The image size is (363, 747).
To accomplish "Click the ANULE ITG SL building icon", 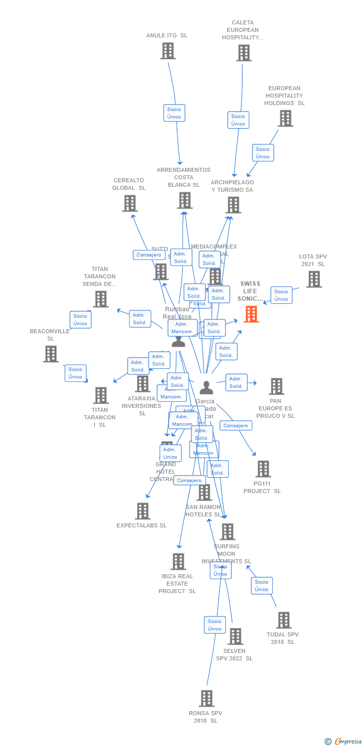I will pyautogui.click(x=168, y=51).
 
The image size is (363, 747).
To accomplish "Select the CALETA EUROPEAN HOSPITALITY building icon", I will pyautogui.click(x=243, y=53).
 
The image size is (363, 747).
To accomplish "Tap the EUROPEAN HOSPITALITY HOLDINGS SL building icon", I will pyautogui.click(x=285, y=119).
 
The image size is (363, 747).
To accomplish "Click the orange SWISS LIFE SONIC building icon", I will pyautogui.click(x=251, y=314).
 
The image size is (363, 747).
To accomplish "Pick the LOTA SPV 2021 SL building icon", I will pyautogui.click(x=314, y=279).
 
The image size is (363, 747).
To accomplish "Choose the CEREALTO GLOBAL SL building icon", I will pyautogui.click(x=130, y=203).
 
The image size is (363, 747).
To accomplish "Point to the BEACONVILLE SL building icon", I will pyautogui.click(x=51, y=354).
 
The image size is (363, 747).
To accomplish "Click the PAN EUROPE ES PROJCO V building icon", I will pyautogui.click(x=276, y=386).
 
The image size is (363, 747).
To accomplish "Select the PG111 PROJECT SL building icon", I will pyautogui.click(x=263, y=469).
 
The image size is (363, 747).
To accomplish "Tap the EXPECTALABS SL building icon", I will pyautogui.click(x=143, y=511).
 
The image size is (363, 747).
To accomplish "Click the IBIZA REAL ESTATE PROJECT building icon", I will pyautogui.click(x=178, y=561).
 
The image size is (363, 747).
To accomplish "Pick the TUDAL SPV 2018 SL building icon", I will pyautogui.click(x=284, y=620).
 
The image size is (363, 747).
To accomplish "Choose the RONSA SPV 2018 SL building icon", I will pyautogui.click(x=206, y=698).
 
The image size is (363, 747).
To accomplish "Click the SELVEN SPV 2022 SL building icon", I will pyautogui.click(x=235, y=636).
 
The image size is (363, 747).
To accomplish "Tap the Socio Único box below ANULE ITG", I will pyautogui.click(x=174, y=113).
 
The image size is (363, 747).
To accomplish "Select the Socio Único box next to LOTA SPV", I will pyautogui.click(x=281, y=295).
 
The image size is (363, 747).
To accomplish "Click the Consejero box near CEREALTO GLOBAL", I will pyautogui.click(x=149, y=255).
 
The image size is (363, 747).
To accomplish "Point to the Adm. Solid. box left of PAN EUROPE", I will pyautogui.click(x=236, y=382).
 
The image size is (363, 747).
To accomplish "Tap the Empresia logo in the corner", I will pyautogui.click(x=344, y=742).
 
